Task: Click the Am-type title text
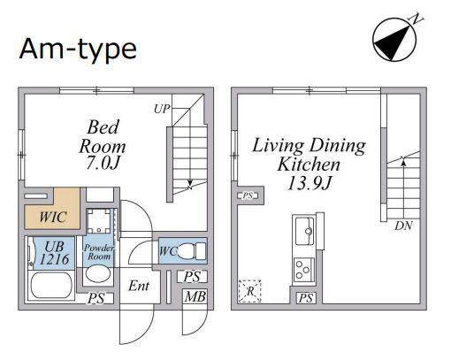coord(78,49)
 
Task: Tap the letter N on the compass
coord(416,19)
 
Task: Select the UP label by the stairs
coord(162,109)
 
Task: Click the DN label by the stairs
coord(403,226)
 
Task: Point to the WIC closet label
coord(53,217)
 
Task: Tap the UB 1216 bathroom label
coord(54,253)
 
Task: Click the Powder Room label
coord(99,252)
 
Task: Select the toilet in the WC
coord(191,251)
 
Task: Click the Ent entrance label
coord(139,286)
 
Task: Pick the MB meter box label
coord(195,296)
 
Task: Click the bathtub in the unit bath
coord(51,286)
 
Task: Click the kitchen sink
coord(304,231)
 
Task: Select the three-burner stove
coord(304,270)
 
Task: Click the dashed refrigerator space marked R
coord(250,291)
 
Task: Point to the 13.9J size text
coord(310,183)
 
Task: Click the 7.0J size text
coord(103,163)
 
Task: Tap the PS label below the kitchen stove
coord(306,298)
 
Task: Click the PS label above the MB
coord(192,277)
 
